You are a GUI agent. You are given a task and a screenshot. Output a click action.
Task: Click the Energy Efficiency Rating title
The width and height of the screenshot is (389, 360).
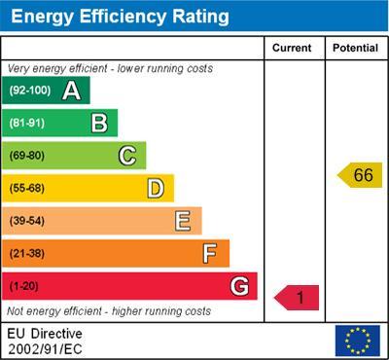(120, 17)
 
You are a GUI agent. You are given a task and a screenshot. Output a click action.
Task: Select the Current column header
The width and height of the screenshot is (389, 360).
(292, 48)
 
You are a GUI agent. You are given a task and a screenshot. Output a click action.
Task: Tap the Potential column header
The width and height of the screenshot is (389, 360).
(355, 48)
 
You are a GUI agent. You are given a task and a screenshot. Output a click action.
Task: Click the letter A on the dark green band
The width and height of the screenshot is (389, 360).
(71, 90)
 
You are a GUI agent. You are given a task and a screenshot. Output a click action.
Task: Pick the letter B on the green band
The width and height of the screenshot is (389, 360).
(99, 123)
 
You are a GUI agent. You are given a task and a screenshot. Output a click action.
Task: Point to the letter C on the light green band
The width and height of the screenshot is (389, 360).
(127, 155)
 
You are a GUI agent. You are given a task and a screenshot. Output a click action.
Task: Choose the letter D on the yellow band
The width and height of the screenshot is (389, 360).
(156, 188)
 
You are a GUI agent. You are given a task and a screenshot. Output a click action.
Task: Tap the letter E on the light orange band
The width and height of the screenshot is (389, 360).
(183, 221)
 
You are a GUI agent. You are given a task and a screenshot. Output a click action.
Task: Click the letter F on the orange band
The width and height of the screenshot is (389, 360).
(210, 253)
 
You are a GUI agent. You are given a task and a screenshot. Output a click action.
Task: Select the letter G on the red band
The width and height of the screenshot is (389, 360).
(239, 286)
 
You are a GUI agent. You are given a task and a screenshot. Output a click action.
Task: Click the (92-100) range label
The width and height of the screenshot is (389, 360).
(30, 90)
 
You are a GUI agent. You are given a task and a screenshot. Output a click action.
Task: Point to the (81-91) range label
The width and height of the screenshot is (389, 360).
(27, 123)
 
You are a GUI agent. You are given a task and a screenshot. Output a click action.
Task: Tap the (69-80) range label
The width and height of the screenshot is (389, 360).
(27, 156)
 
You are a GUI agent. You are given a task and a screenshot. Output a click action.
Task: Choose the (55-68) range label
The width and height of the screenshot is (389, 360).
(27, 188)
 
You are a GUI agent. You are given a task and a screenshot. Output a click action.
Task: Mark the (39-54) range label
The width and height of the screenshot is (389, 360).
(27, 221)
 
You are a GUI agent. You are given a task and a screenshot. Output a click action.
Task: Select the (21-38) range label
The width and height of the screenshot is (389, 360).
(27, 254)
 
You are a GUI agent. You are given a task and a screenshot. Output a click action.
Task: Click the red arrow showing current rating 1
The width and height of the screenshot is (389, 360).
(298, 298)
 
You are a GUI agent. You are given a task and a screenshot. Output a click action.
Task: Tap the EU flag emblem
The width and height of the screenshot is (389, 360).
(357, 341)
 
